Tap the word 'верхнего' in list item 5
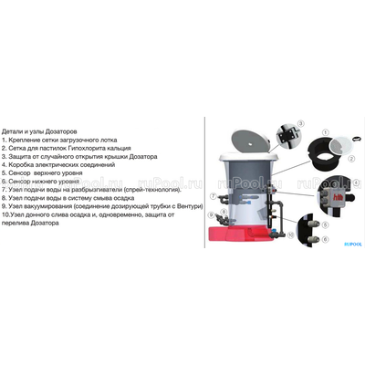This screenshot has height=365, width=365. [x=63, y=172]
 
